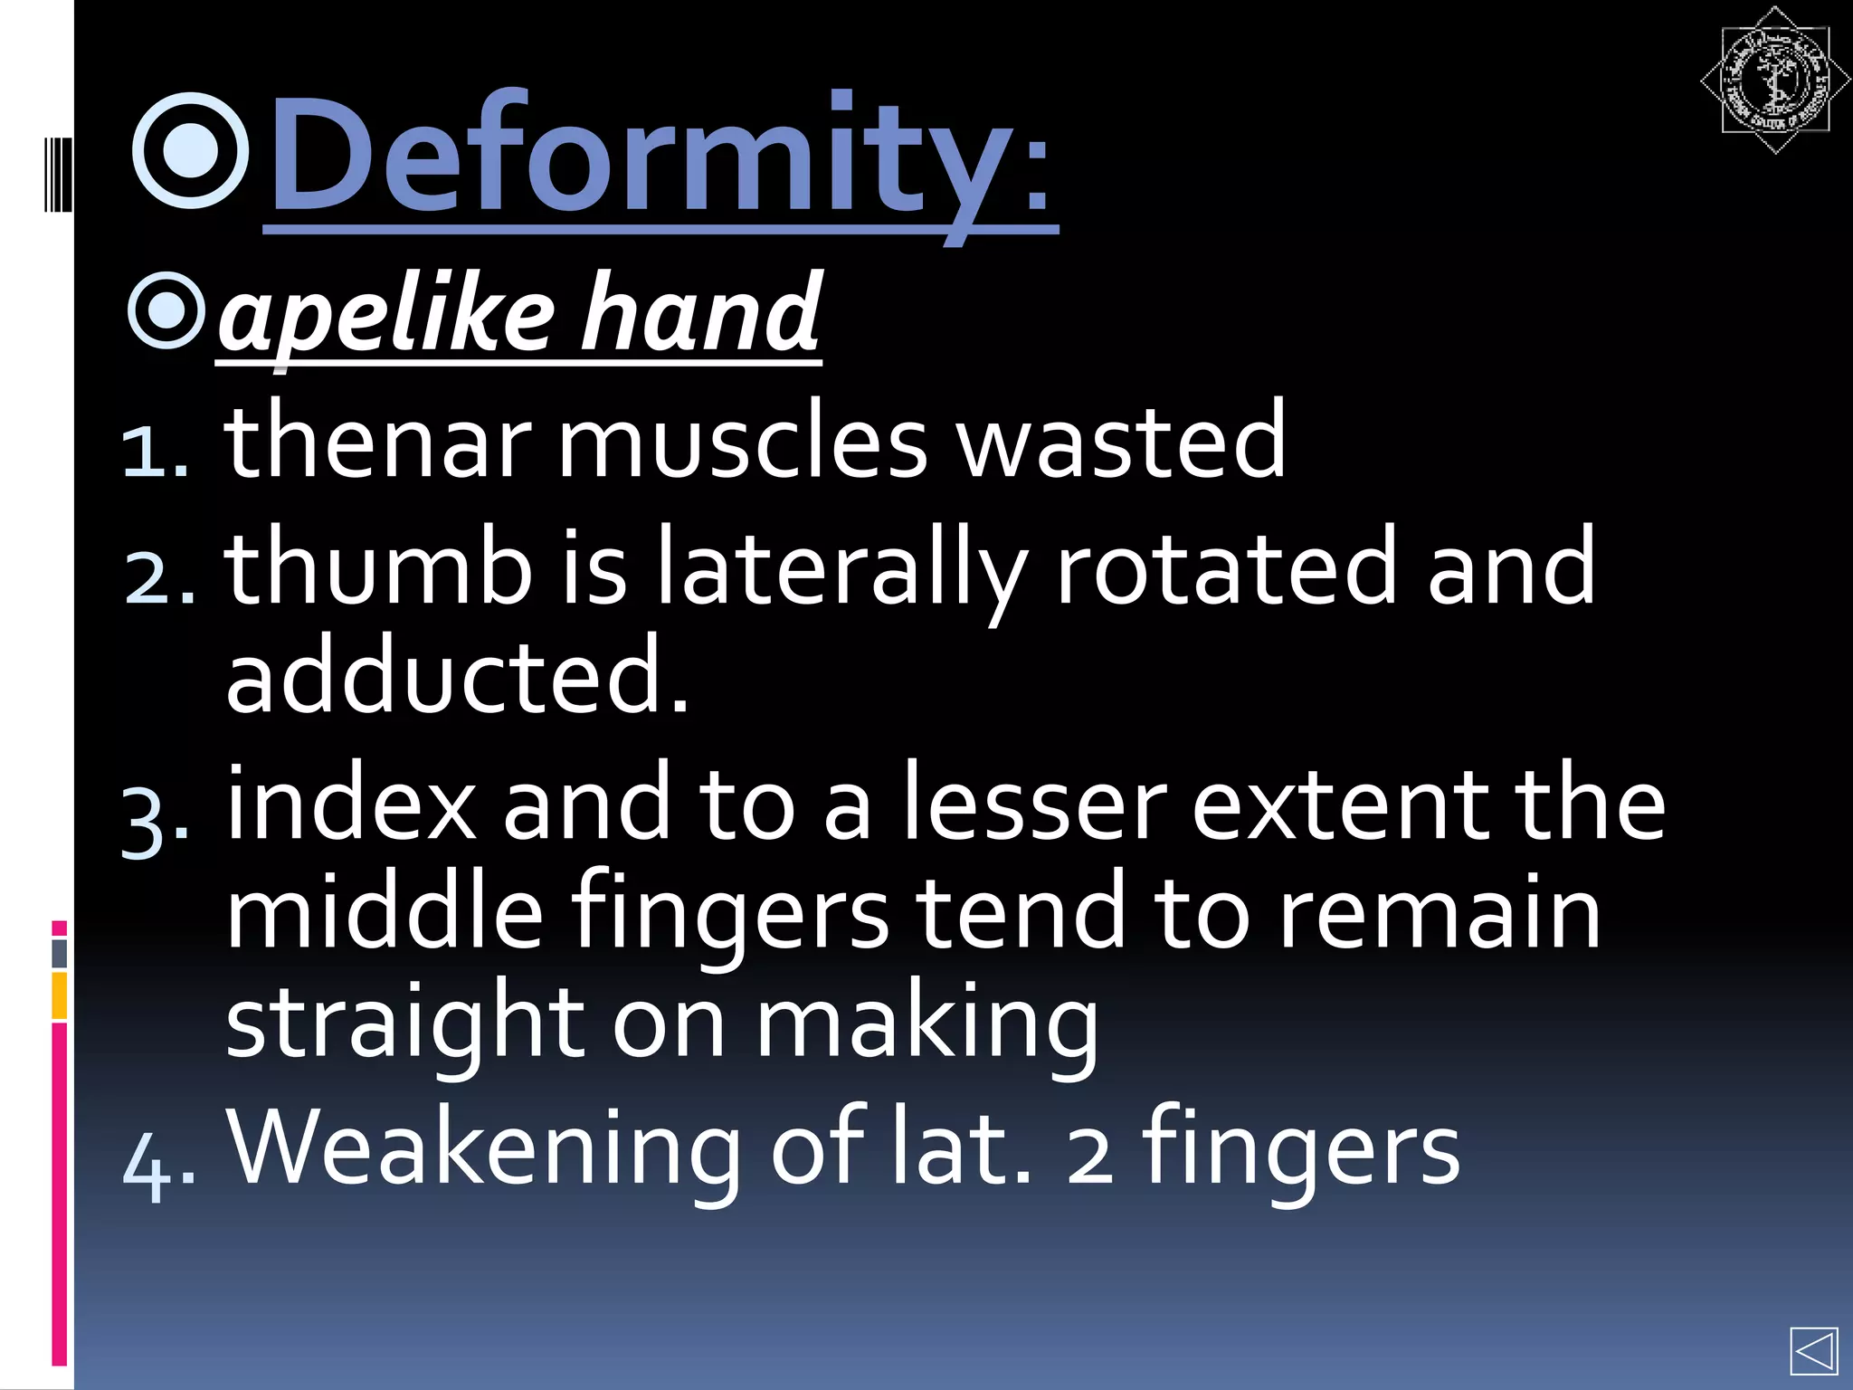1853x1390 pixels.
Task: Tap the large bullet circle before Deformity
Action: click(191, 151)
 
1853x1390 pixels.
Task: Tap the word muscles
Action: click(742, 442)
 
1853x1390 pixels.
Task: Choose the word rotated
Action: click(1226, 568)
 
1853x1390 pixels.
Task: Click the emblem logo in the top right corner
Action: click(1774, 81)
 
